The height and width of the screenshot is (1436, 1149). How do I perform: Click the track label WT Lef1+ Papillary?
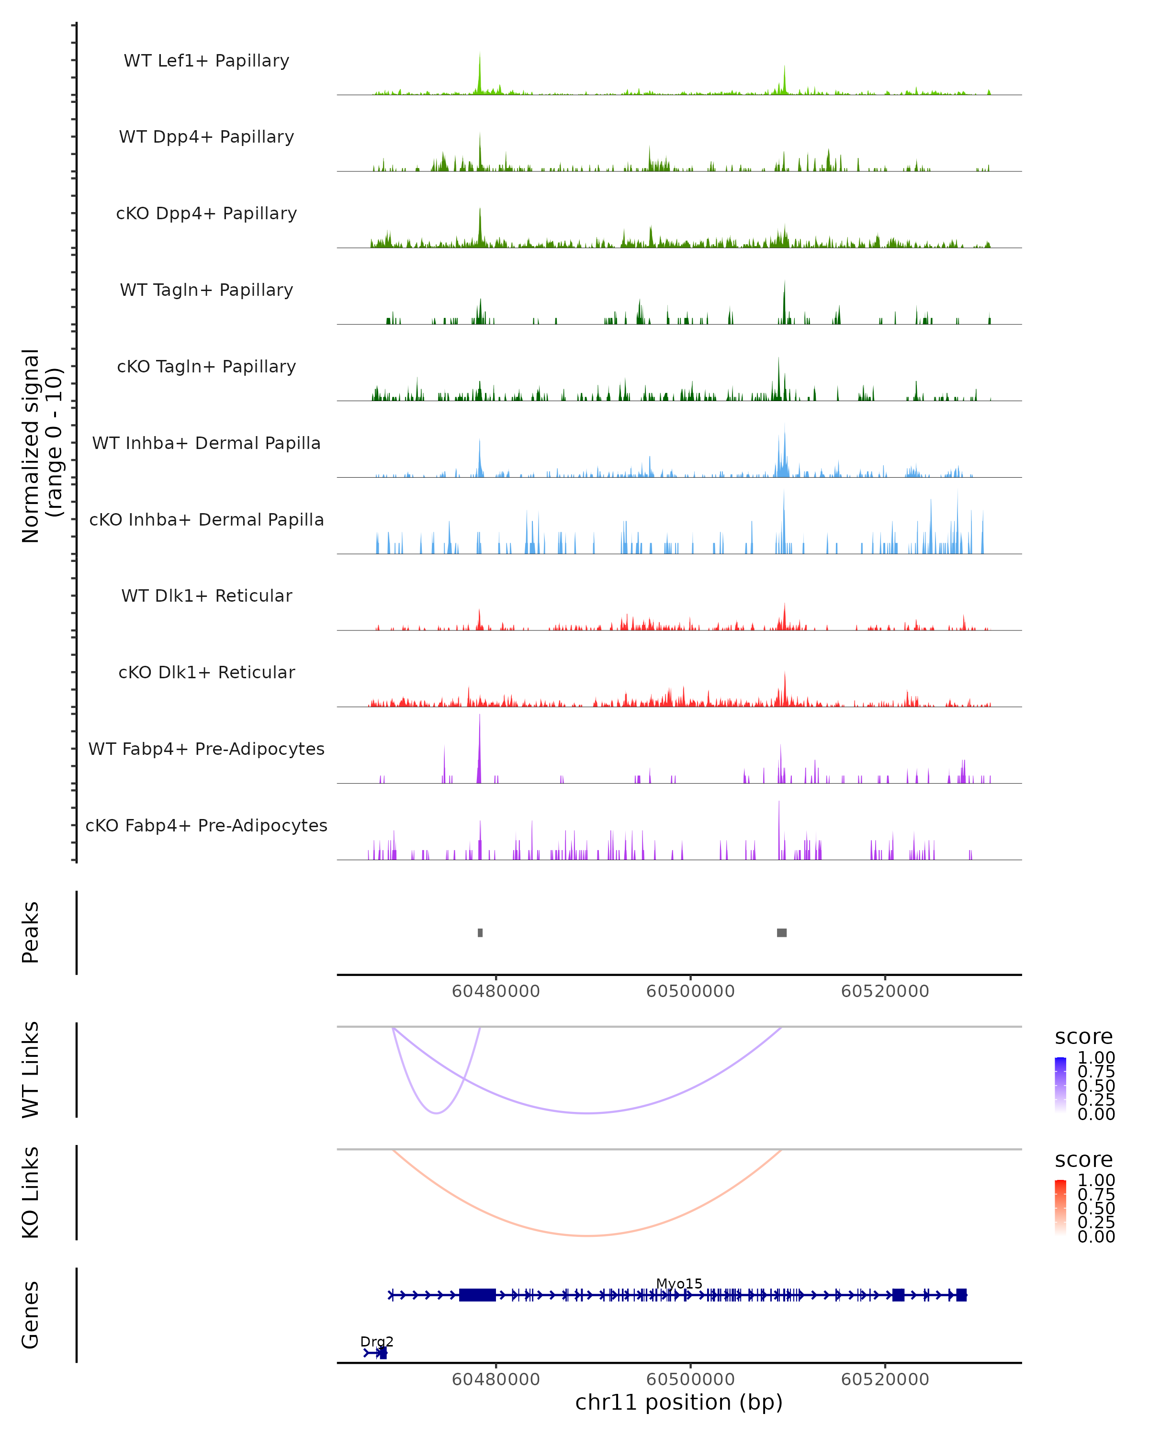(206, 61)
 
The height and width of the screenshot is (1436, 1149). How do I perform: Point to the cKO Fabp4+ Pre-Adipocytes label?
(206, 825)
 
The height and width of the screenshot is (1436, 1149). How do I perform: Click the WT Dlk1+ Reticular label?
(206, 595)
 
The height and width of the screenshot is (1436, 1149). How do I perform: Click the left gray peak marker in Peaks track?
(480, 932)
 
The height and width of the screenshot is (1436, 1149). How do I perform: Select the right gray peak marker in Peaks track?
(781, 932)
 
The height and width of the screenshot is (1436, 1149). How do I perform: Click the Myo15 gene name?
(679, 1283)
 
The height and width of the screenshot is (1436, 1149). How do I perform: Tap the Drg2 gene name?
(376, 1341)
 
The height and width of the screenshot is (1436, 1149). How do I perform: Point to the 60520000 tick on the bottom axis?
(885, 1380)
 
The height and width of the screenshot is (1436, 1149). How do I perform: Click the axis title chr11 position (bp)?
(679, 1402)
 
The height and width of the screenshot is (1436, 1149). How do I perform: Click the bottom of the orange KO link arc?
(586, 1235)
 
